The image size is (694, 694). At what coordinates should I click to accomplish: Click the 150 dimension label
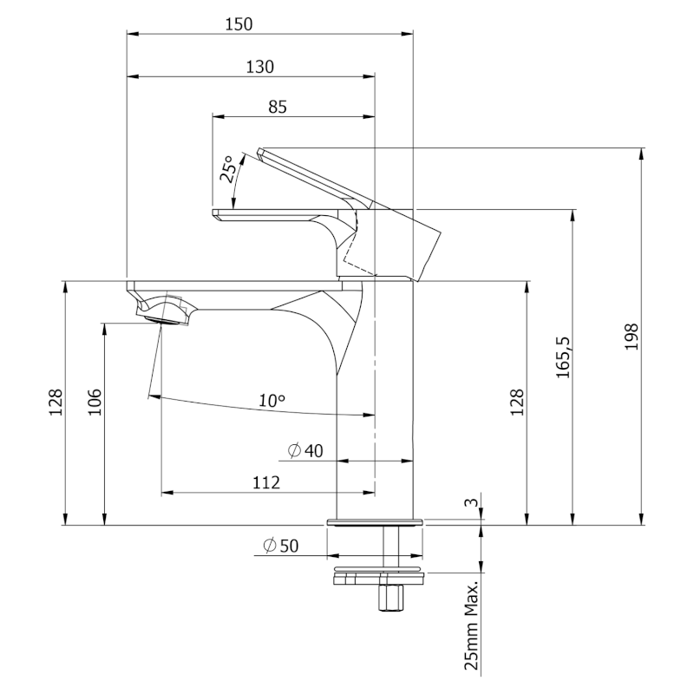click(x=239, y=24)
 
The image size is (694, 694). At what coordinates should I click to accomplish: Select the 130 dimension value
click(x=260, y=67)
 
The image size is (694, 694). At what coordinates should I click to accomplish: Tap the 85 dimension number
click(x=278, y=107)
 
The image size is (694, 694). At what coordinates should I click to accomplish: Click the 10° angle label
click(x=272, y=401)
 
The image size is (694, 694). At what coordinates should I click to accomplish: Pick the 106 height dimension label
click(x=95, y=402)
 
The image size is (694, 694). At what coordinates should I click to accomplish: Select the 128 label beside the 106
click(x=56, y=402)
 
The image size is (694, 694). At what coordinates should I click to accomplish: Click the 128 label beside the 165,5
click(x=517, y=402)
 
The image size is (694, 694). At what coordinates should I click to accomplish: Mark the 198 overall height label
click(x=632, y=337)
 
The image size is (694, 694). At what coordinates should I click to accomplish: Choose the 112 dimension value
click(x=265, y=482)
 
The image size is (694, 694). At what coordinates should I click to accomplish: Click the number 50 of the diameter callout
click(x=289, y=546)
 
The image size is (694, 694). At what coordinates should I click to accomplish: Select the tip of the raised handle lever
click(x=261, y=153)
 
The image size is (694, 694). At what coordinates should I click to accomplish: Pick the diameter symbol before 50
click(x=269, y=546)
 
